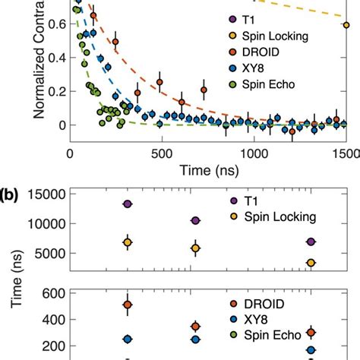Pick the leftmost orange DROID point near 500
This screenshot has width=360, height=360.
click(x=128, y=305)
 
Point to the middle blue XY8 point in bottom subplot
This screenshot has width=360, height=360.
click(x=195, y=340)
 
